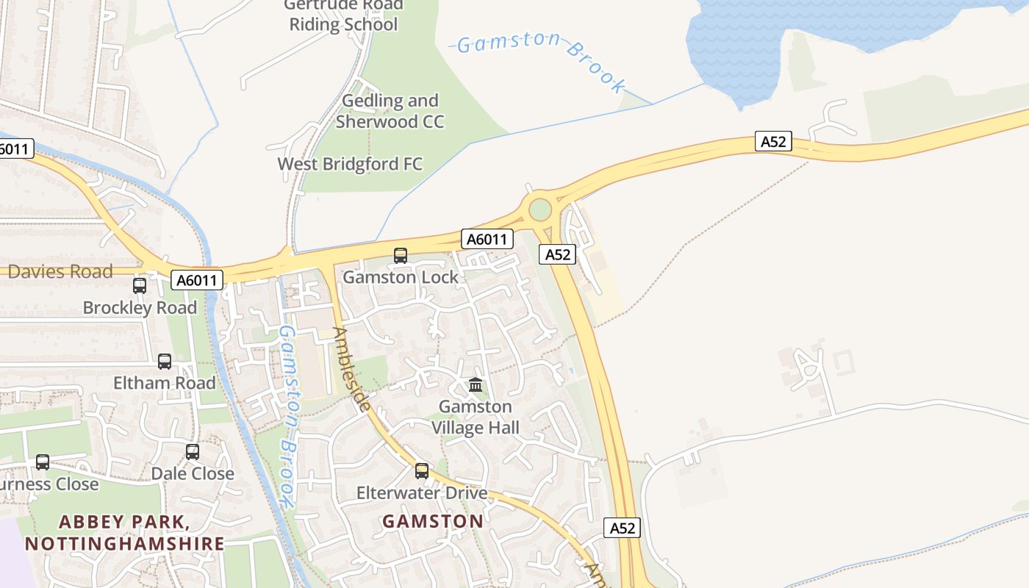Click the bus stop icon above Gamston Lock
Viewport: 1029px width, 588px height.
pos(401,256)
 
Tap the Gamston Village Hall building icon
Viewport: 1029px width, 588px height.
pos(476,384)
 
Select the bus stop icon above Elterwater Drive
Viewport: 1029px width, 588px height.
pos(422,471)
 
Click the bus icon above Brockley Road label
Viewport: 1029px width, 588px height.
pos(140,286)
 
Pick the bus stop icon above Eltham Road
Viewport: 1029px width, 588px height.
pos(165,362)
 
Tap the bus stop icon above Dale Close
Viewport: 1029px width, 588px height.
pos(193,452)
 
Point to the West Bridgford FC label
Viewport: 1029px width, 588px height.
pos(350,164)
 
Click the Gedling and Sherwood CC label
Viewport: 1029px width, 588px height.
pos(390,111)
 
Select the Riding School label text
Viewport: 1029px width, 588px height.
pos(343,24)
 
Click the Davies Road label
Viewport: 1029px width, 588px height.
pos(60,272)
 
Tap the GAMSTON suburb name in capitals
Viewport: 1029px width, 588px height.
pos(433,521)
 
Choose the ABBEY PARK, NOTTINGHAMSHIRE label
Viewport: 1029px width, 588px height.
pos(124,533)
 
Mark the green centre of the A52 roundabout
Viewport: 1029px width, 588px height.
pos(540,209)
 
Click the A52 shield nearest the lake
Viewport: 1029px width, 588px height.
pos(773,141)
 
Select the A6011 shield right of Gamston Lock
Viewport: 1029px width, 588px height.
pos(487,239)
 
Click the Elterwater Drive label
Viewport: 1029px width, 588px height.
pos(422,493)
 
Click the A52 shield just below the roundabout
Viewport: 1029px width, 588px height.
pos(557,254)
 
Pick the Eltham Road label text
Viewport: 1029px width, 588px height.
pos(165,383)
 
